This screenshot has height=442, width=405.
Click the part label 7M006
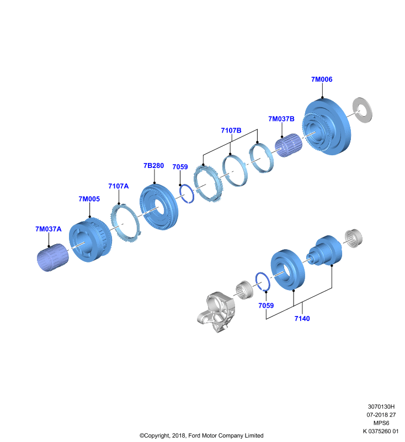[x=322, y=80]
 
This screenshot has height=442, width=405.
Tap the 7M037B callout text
[x=281, y=119]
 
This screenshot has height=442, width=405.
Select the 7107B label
[x=231, y=130]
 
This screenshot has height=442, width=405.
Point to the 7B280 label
[x=154, y=165]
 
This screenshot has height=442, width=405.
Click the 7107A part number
[x=119, y=186]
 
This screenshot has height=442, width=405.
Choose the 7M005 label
[x=89, y=199]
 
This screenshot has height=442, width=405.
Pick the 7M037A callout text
[x=49, y=229]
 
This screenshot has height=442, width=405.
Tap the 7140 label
[x=302, y=319]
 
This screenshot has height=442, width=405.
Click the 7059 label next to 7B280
[x=180, y=167]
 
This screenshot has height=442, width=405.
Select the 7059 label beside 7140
[x=266, y=306]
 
